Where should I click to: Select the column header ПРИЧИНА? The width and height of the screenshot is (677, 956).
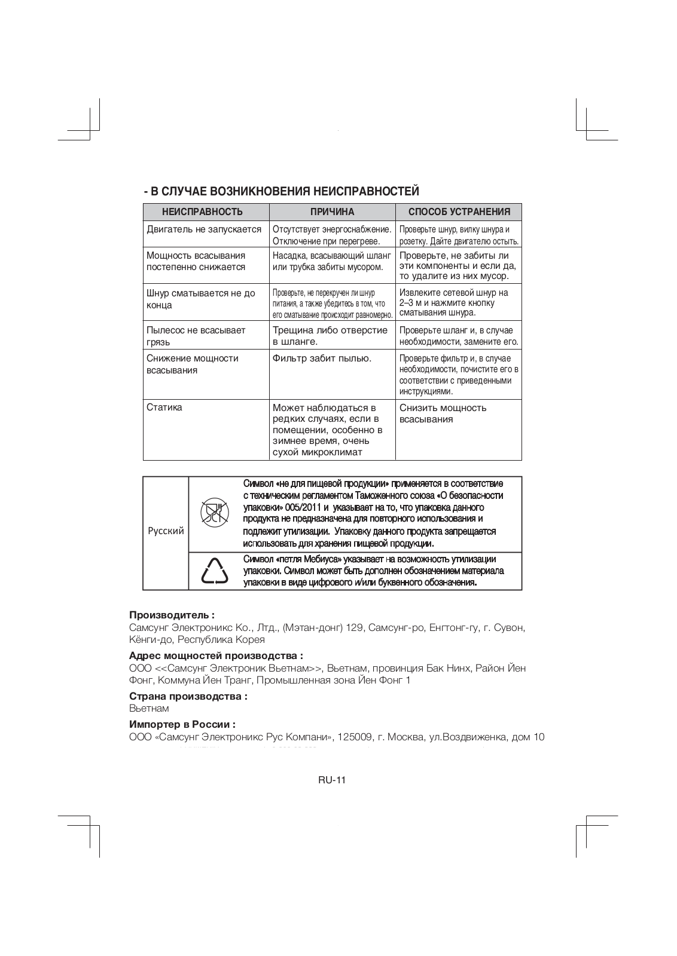(332, 212)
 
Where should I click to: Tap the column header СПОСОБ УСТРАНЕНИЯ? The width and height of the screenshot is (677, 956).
(459, 212)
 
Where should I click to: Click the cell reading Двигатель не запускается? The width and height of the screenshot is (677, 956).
(204, 229)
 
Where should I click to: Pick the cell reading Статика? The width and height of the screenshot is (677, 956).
(164, 407)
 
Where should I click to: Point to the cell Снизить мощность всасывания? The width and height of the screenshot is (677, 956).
(443, 413)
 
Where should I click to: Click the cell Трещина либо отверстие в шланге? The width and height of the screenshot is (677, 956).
(330, 336)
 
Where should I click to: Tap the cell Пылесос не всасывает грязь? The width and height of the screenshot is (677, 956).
(196, 336)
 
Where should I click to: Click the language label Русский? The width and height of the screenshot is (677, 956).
(166, 531)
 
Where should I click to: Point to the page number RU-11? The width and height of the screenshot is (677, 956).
(333, 780)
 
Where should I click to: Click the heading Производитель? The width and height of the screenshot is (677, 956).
(172, 615)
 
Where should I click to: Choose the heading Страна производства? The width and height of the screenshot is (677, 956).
(188, 696)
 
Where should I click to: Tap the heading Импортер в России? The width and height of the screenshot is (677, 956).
(182, 725)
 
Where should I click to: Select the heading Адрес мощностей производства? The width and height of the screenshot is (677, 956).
(216, 655)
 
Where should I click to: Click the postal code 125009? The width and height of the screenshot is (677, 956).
(356, 737)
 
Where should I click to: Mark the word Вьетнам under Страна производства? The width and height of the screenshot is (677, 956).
(149, 708)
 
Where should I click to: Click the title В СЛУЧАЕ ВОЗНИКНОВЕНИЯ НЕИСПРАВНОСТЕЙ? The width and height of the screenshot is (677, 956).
(281, 191)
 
